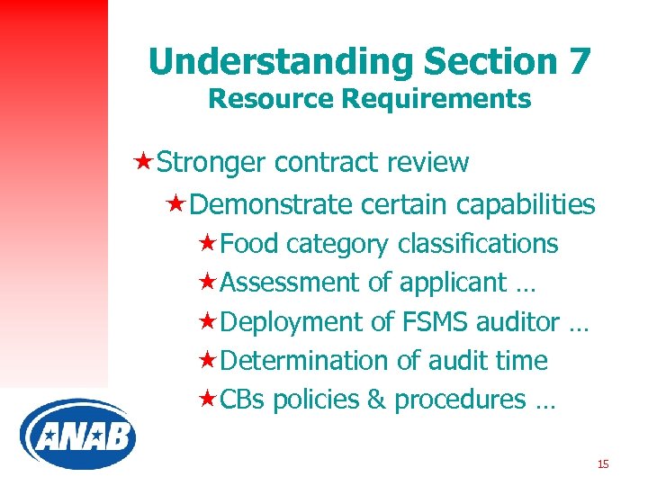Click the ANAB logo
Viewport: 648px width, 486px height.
click(77, 435)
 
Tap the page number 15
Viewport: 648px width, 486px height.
click(603, 464)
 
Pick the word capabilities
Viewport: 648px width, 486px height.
click(526, 205)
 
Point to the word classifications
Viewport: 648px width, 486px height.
click(477, 245)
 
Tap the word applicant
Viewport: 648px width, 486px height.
click(453, 283)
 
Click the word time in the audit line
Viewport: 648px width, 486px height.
click(521, 361)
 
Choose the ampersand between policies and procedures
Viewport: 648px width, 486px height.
click(375, 400)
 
